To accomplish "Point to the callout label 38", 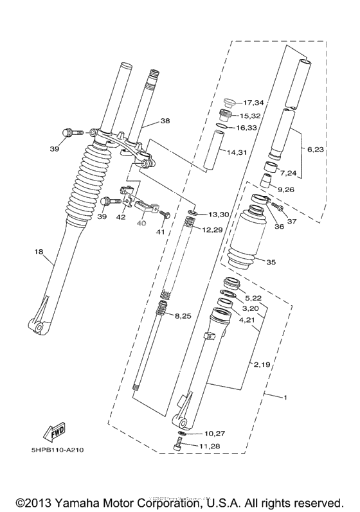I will [165, 120].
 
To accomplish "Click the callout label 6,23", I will [316, 150].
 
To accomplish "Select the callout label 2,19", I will [261, 364].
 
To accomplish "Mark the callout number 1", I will [284, 398].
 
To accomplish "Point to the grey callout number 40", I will [141, 224].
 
